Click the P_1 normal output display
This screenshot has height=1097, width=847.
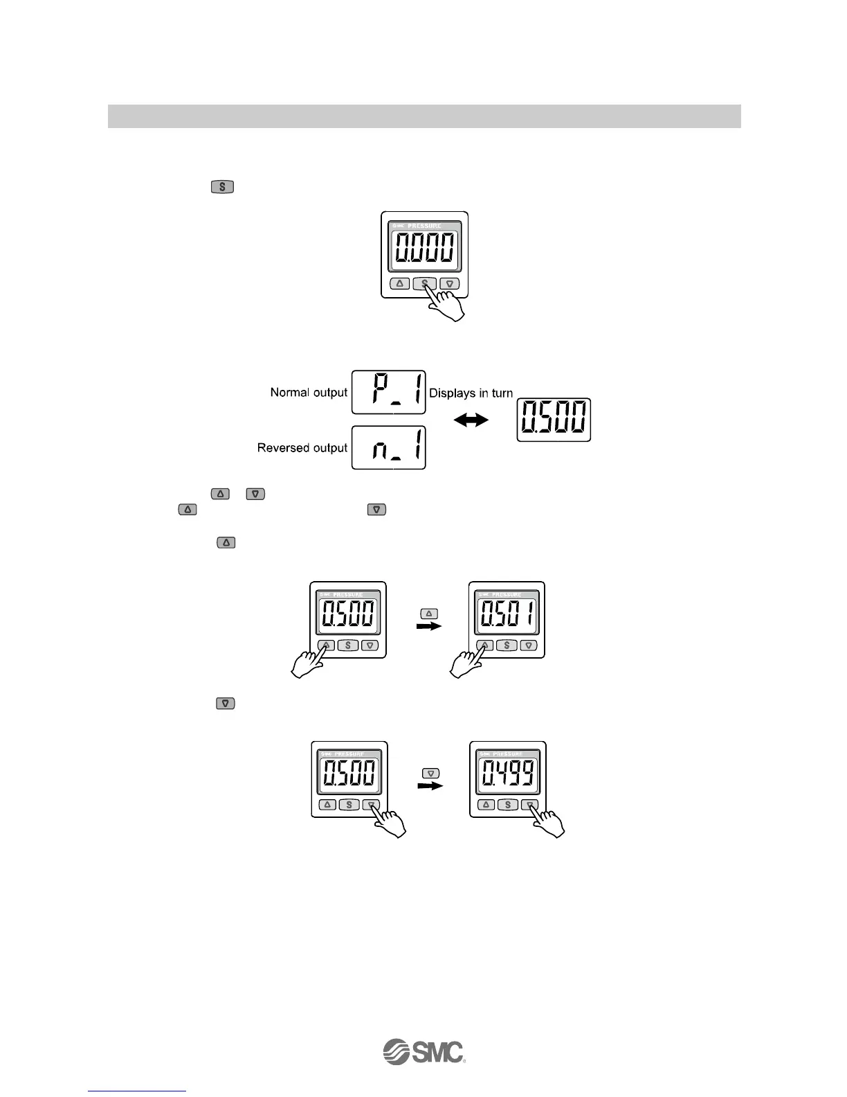point(388,392)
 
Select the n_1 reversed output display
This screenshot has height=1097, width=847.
point(388,447)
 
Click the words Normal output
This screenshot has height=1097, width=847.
point(309,393)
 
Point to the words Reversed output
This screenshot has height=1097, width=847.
point(302,448)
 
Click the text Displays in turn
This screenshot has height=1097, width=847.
point(471,393)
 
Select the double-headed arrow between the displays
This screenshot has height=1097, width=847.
point(471,420)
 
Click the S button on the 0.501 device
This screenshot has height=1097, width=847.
point(507,645)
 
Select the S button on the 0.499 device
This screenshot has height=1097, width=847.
point(508,805)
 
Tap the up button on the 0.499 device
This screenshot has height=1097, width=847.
point(486,805)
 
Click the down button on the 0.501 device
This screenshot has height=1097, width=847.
point(529,645)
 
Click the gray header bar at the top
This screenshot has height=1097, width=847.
point(423,116)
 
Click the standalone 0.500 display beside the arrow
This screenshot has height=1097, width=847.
point(554,420)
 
